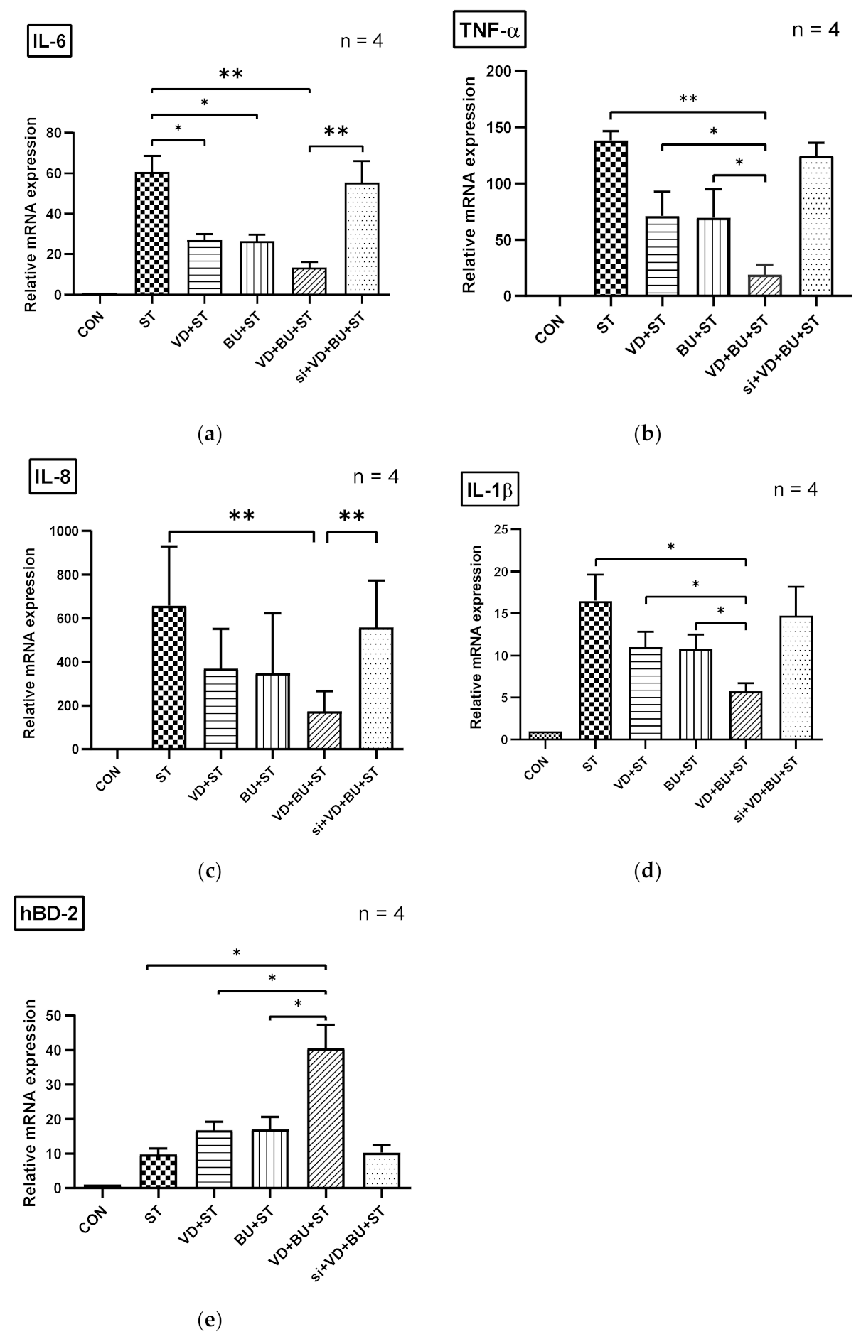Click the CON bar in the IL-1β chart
pos(545,735)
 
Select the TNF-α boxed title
pos(489,32)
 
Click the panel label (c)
pos(210,871)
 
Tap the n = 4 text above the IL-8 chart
pos(376,477)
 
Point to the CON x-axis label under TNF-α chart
pos(551,330)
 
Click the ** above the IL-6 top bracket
pos(230,73)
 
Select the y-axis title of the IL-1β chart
pos(477,636)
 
